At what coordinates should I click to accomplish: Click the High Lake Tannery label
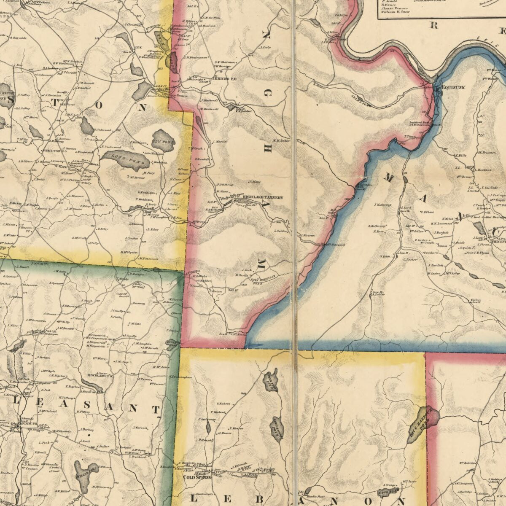263,197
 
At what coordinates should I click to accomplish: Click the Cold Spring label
197,477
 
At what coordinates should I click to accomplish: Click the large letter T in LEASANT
156,409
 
